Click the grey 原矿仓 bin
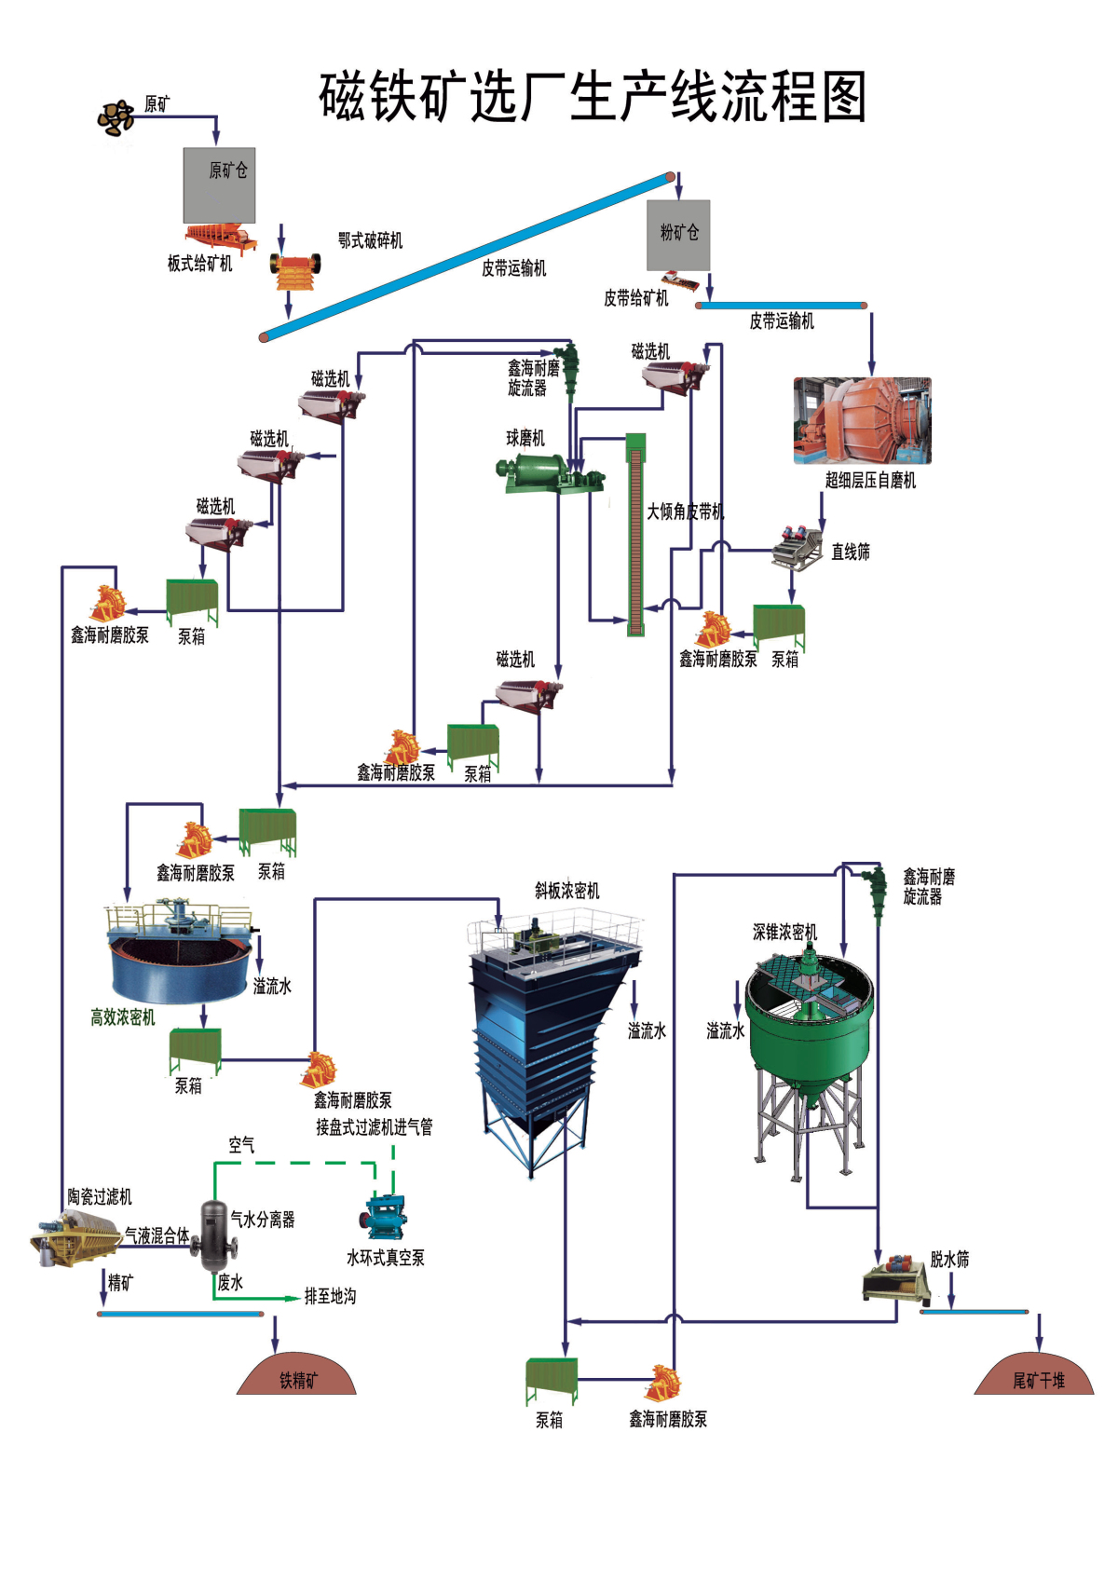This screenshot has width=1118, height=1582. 219,185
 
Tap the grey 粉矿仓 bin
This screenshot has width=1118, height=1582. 678,235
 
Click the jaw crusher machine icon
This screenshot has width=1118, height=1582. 295,272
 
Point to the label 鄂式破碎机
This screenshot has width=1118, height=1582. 370,240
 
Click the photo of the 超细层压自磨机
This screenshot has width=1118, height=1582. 862,420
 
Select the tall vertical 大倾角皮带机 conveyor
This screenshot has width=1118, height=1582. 635,535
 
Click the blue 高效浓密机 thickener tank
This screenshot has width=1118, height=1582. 180,950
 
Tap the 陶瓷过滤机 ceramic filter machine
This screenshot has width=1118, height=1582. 76,1236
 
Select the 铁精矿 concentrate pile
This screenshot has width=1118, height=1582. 296,1374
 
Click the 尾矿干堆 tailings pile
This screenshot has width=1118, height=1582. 1034,1374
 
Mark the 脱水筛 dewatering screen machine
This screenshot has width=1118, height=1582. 895,1278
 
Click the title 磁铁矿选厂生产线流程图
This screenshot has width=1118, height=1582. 593,97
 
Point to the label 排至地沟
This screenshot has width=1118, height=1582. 330,1297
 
